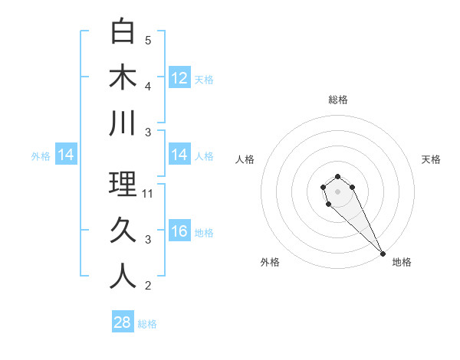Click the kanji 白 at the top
coord(123,31)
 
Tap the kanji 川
coord(123,123)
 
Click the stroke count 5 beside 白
coord(148,41)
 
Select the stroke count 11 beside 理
coord(148,194)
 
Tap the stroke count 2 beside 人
coord(148,286)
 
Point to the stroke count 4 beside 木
coord(148,87)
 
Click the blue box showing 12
coord(179,78)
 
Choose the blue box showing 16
coord(179,231)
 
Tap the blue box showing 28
coord(123,322)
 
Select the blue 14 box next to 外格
coord(66,155)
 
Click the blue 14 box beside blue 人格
coord(179,155)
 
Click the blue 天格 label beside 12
coord(204,79)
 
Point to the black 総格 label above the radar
coord(337,100)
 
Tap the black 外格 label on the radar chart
coord(270,262)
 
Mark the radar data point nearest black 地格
coord(383,254)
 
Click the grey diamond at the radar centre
coord(337,190)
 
